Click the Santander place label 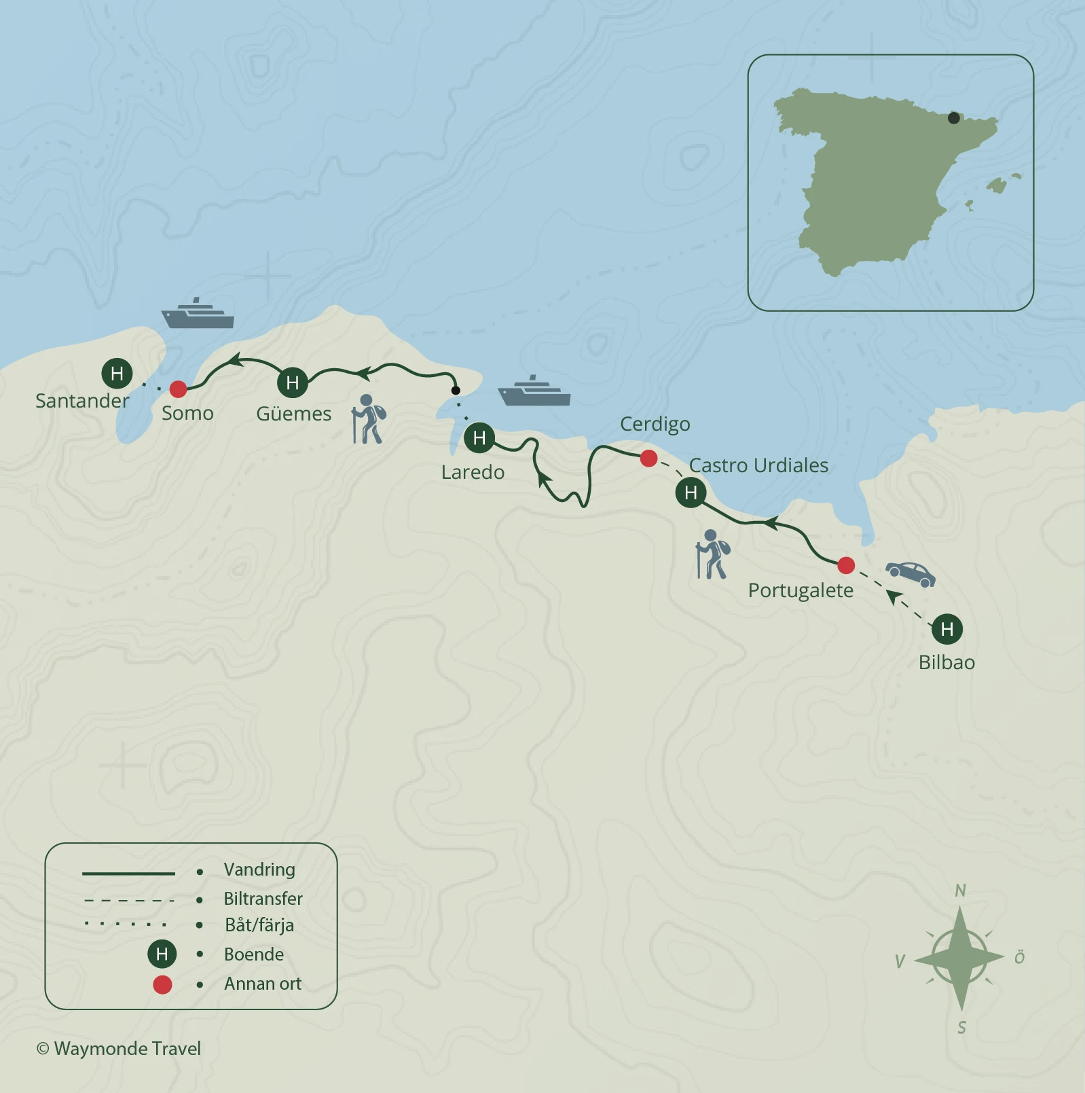click(x=82, y=401)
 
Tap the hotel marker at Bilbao click(x=947, y=629)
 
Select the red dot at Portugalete click(x=846, y=565)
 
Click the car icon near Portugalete click(x=911, y=574)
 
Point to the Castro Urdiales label click(x=758, y=465)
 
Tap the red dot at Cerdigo click(x=648, y=459)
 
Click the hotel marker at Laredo click(x=479, y=437)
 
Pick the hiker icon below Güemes click(x=369, y=419)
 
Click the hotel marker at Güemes click(x=293, y=382)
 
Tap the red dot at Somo click(x=178, y=389)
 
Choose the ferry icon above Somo click(x=198, y=314)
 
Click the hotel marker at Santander click(x=117, y=373)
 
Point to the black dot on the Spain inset click(x=954, y=118)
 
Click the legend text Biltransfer click(x=263, y=899)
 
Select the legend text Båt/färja click(x=259, y=925)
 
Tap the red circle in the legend click(x=162, y=984)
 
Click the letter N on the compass click(x=960, y=891)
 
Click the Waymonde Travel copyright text click(x=119, y=1048)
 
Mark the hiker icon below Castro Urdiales click(x=712, y=554)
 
